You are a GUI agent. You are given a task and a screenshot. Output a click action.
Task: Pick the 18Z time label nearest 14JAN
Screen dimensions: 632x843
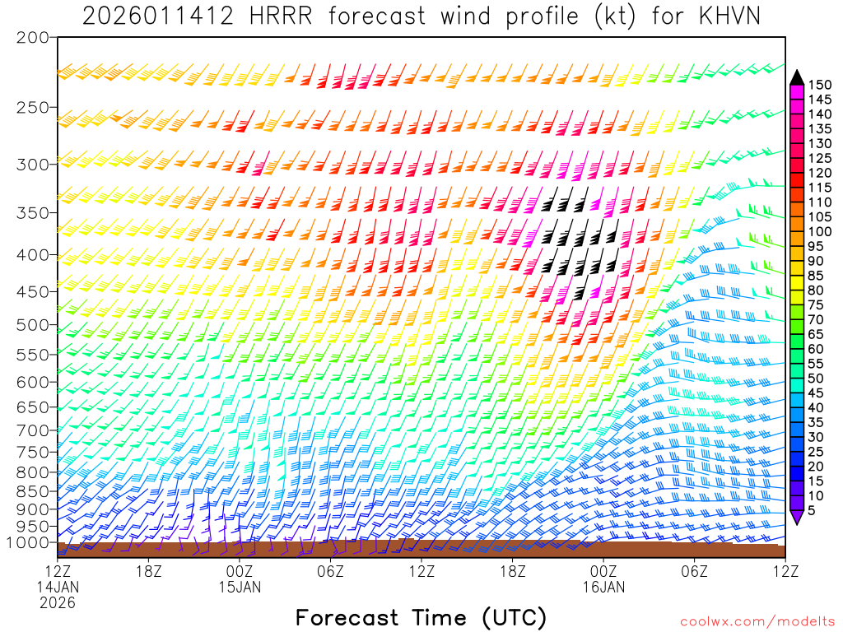tap(148, 569)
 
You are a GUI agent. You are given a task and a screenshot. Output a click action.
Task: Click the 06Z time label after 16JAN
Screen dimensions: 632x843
tap(694, 569)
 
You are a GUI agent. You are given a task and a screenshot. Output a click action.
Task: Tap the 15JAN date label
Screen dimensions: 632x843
tap(240, 586)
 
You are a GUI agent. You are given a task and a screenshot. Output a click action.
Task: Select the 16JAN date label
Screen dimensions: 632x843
tap(603, 586)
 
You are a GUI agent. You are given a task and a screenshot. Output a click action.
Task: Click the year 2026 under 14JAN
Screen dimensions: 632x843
tap(58, 602)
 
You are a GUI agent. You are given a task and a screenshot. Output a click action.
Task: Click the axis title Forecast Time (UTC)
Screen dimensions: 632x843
tap(421, 617)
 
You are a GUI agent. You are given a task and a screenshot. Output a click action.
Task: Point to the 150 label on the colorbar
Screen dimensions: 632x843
tap(818, 84)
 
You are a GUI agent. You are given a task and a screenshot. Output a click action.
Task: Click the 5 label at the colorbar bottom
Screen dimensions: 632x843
tap(813, 512)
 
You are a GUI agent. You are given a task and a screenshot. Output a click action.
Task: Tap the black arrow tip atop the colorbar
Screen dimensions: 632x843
tap(796, 77)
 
